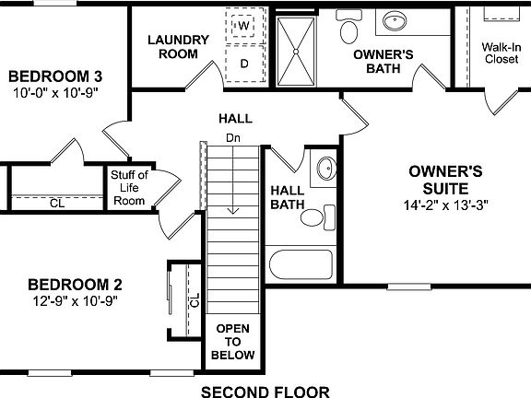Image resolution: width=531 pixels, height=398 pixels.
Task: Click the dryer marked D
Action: coord(244,64)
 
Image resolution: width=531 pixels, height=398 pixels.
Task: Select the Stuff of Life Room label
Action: coord(128,188)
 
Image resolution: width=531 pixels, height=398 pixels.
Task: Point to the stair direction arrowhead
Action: coord(233,211)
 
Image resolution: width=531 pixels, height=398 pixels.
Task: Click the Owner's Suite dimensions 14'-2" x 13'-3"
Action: coord(445,205)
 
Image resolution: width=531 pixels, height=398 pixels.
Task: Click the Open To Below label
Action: coord(232,342)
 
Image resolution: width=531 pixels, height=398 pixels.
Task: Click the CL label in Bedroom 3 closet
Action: coord(56,205)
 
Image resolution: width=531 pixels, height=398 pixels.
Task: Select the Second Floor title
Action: coord(265,391)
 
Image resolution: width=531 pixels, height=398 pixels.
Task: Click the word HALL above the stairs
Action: coord(235,120)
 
